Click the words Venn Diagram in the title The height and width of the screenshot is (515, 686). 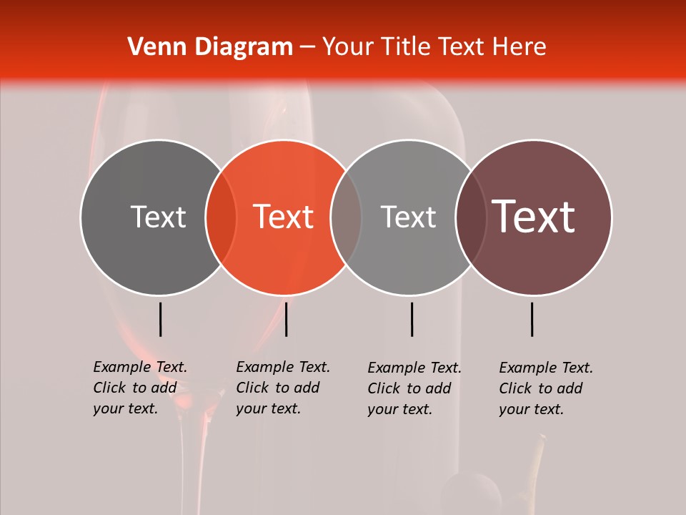coord(210,47)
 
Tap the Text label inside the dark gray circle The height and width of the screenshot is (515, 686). coord(158,217)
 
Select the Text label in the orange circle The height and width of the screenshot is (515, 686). coord(284,217)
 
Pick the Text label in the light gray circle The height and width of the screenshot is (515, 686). coord(408,217)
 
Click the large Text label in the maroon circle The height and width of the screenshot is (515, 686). coord(534,217)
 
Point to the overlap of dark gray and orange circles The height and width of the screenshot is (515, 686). coord(221,217)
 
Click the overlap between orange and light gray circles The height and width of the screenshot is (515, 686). coord(346,217)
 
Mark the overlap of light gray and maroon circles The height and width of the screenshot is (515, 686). coord(471,217)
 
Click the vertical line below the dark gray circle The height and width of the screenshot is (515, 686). coord(161,319)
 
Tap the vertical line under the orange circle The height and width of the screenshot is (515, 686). coord(286,319)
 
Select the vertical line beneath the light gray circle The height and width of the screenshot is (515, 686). coord(412,319)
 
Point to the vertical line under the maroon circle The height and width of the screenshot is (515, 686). coord(532,319)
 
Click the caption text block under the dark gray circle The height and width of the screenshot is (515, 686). coord(140,388)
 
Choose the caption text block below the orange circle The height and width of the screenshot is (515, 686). coord(283,388)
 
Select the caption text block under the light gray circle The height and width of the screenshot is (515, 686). coord(414,388)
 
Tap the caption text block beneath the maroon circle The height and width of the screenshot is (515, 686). coord(546,388)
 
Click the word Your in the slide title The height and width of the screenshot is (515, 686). coord(346,47)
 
